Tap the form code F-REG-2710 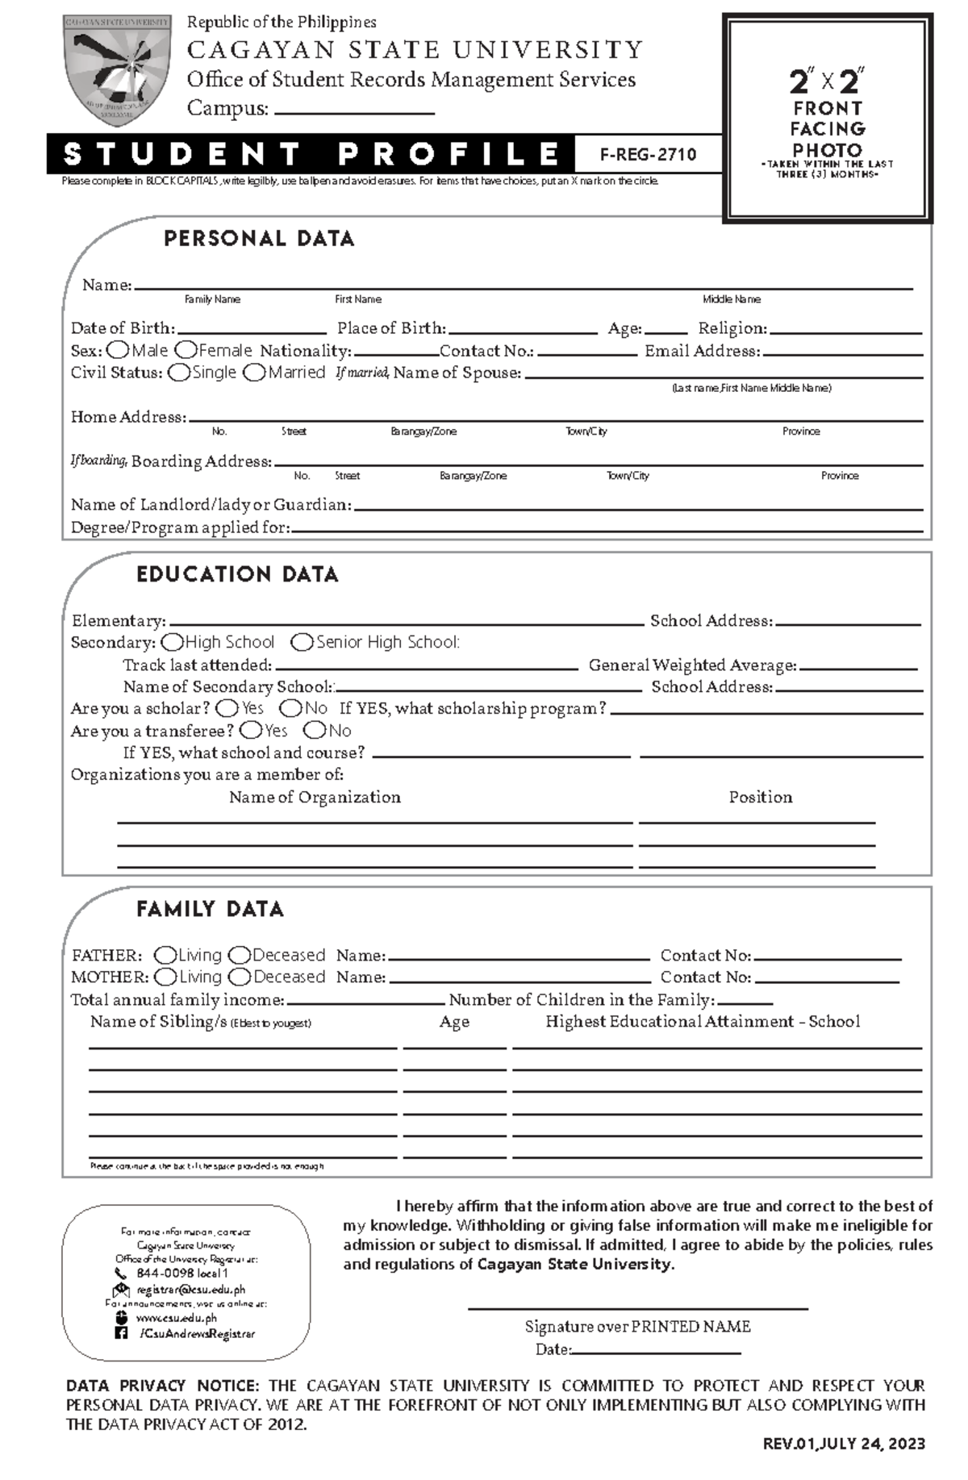point(648,155)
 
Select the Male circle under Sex point(118,350)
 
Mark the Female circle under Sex point(186,350)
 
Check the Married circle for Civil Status point(255,373)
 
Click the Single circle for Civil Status point(179,373)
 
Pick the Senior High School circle point(302,643)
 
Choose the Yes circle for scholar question point(227,708)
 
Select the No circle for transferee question point(315,731)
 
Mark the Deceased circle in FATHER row point(240,956)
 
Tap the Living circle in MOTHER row point(165,978)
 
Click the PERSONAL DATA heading point(259,239)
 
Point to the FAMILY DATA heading point(210,910)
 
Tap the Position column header point(760,797)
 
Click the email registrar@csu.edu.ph point(190,1290)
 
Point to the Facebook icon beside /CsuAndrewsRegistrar point(121,1334)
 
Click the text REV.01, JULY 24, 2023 point(844,1444)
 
